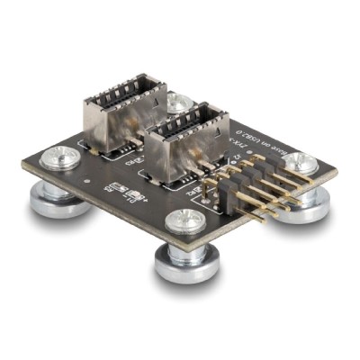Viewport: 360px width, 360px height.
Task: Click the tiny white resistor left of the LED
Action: point(112,188)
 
